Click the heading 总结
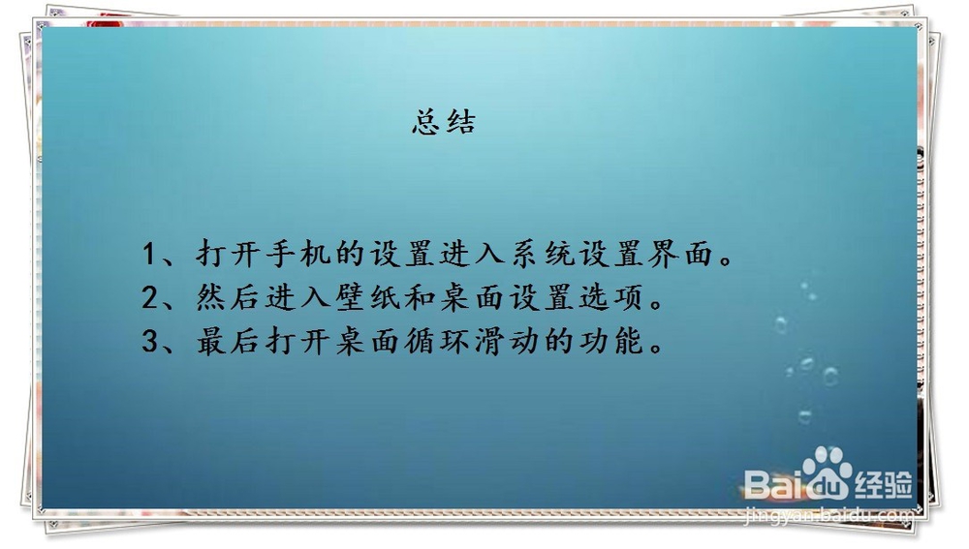pos(444,122)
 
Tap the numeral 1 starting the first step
pos(149,254)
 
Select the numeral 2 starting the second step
pos(149,297)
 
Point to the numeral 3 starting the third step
pos(149,341)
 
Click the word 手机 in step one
pos(299,254)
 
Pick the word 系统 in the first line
pos(543,254)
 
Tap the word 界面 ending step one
pos(680,254)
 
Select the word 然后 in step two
pos(230,297)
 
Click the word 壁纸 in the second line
pos(369,297)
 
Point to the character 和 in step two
pos(421,297)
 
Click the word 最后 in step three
pos(230,341)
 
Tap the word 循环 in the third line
pos(438,341)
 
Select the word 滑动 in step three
pos(508,341)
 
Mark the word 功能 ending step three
pos(611,341)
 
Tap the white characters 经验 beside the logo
pos(884,484)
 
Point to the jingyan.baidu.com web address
pos(829,515)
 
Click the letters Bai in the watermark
pos(773,484)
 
